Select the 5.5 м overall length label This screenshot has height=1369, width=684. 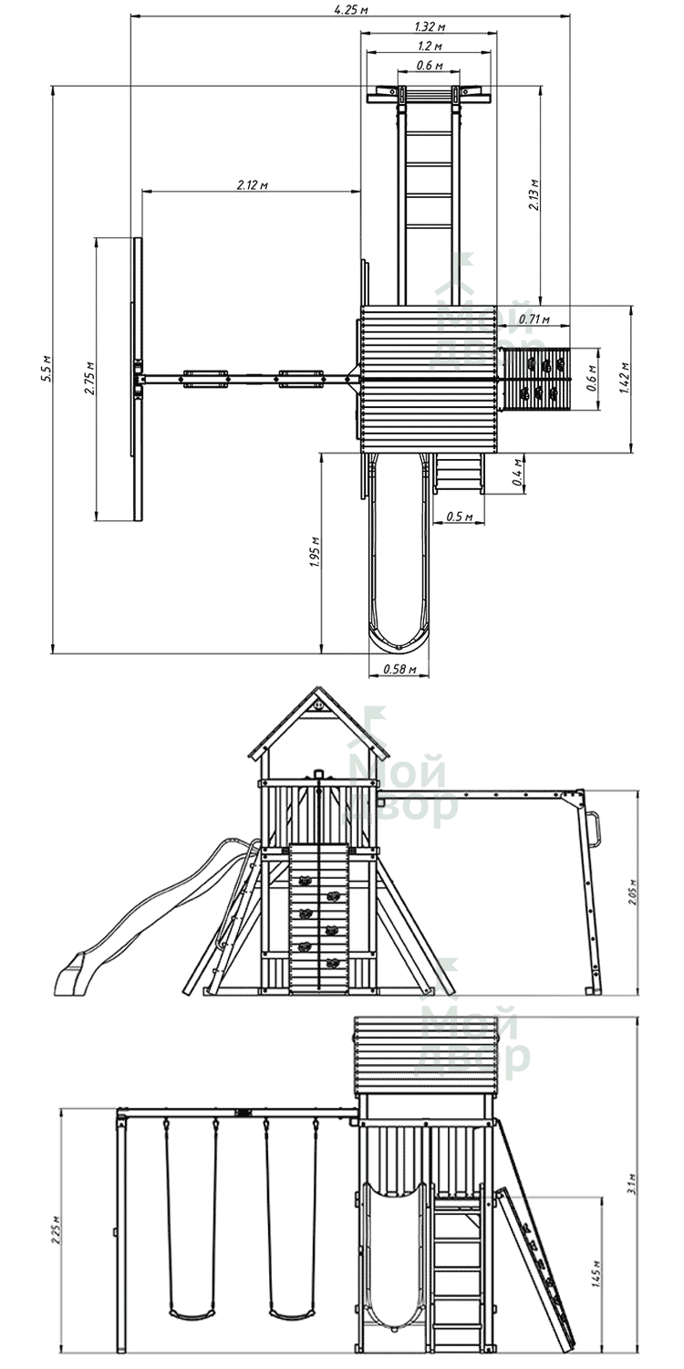[46, 368]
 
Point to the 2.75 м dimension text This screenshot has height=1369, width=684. [89, 379]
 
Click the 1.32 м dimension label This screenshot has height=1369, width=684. [430, 26]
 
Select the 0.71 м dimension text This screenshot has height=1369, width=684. [534, 319]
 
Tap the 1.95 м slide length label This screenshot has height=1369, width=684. [315, 552]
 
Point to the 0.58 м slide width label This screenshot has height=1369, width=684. [400, 669]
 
